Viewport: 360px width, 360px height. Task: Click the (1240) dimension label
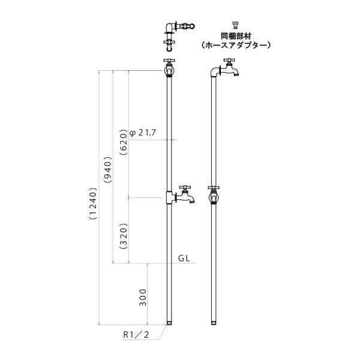[94, 204]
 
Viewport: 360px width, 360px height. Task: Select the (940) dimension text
[108, 170]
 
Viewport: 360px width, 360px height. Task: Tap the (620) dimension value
[124, 142]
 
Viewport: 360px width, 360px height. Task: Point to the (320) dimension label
[124, 236]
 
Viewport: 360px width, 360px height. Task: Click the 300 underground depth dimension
[143, 298]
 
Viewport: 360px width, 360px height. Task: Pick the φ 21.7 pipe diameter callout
[143, 133]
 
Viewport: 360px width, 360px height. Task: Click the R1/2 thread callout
[136, 335]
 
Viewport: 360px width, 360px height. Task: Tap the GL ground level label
[184, 259]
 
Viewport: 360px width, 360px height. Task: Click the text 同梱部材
[236, 36]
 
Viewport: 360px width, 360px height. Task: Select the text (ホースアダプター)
[236, 45]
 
